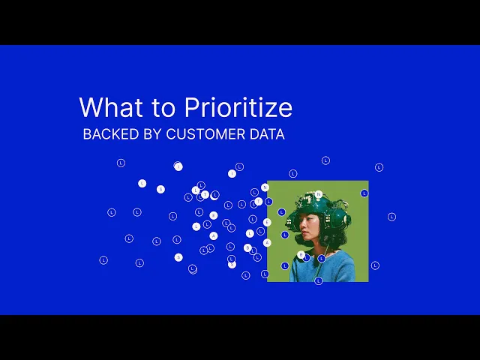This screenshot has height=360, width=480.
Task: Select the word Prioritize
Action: point(238,107)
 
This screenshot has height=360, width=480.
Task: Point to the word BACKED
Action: point(111,134)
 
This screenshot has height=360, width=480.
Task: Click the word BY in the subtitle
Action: point(152,134)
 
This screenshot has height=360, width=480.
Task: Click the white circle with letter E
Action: point(267,222)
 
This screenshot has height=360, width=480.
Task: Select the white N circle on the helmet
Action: point(318,194)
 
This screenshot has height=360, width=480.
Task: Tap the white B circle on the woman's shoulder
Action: point(301,255)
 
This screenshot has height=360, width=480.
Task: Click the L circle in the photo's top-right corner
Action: point(364,193)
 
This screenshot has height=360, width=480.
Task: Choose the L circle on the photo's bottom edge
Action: point(318,280)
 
